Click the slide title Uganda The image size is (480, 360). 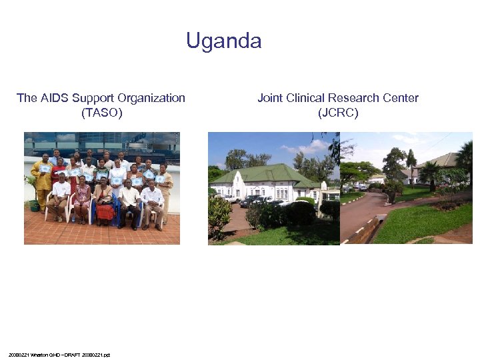pyautogui.click(x=224, y=41)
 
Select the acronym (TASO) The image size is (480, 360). pyautogui.click(x=101, y=113)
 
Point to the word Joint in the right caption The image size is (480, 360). pyautogui.click(x=270, y=98)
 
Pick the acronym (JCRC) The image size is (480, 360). pyautogui.click(x=338, y=113)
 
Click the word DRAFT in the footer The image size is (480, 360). pyautogui.click(x=67, y=355)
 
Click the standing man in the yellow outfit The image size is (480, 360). pyautogui.click(x=41, y=180)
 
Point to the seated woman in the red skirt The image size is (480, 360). pyautogui.click(x=104, y=203)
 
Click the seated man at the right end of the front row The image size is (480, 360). pyautogui.click(x=153, y=204)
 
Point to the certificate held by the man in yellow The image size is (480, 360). pyautogui.click(x=45, y=169)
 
